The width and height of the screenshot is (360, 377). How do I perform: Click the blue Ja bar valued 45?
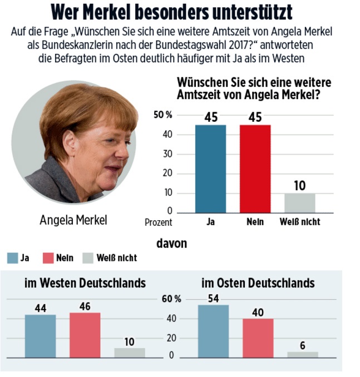210,168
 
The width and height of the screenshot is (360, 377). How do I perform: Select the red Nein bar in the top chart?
255,168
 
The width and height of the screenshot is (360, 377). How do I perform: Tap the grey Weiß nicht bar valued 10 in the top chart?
299,203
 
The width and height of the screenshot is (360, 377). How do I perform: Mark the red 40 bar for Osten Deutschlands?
258,337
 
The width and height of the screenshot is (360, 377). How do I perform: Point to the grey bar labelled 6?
303,354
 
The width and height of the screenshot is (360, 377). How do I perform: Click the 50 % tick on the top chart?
163,115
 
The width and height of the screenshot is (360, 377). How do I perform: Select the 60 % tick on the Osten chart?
171,299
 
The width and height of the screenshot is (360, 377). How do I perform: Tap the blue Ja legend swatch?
12,258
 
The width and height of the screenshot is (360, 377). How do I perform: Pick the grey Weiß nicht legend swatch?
88,258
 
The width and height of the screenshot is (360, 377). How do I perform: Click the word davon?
172,244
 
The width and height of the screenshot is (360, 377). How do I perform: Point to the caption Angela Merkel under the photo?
73,220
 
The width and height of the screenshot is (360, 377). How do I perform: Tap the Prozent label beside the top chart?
159,222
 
